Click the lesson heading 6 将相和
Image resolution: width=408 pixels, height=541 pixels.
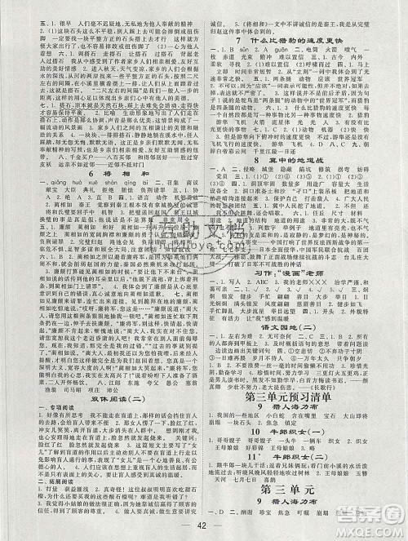102,140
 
